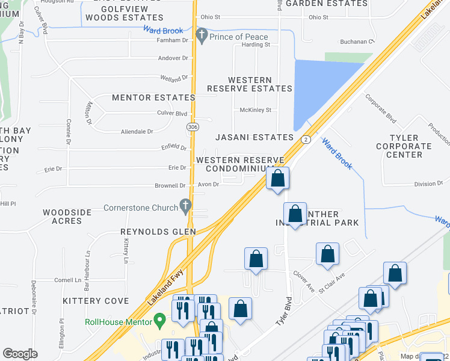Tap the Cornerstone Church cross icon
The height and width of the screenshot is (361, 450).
point(186,206)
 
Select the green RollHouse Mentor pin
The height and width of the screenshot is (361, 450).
point(159,319)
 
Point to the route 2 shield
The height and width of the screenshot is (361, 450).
point(306,140)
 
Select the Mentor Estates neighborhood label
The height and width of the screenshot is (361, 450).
point(153,97)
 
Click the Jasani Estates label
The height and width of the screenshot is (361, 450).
point(254,137)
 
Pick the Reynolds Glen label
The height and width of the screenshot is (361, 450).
point(158,232)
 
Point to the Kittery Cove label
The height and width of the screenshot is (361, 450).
point(96,300)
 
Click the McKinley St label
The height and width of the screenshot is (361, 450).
point(256,110)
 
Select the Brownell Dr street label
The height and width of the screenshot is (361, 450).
point(170,186)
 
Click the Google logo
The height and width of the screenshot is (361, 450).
point(20,354)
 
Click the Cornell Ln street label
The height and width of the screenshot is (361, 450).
point(67,280)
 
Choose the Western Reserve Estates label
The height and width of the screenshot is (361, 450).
point(250,84)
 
